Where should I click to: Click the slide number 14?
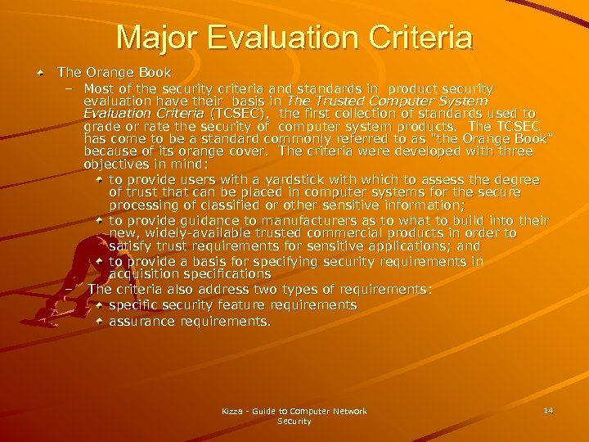click(x=548, y=409)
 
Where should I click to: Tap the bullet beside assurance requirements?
click(x=99, y=322)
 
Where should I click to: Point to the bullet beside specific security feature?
click(x=99, y=305)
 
